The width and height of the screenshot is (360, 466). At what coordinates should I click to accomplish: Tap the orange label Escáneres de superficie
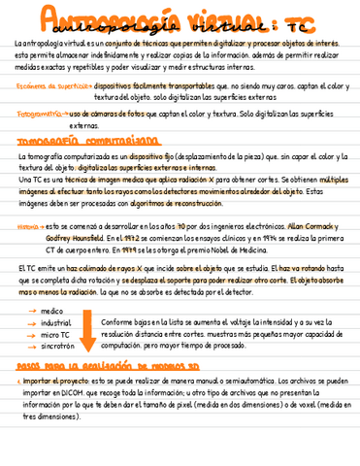point(48,85)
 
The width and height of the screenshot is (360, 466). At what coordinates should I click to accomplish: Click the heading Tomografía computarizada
point(86,141)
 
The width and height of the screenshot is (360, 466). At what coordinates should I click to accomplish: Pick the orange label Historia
point(28,225)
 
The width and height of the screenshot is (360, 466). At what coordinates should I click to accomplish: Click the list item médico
point(52,311)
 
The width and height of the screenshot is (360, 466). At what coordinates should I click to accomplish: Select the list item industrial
point(56,322)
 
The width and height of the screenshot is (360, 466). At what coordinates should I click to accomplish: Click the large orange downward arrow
point(87,330)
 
